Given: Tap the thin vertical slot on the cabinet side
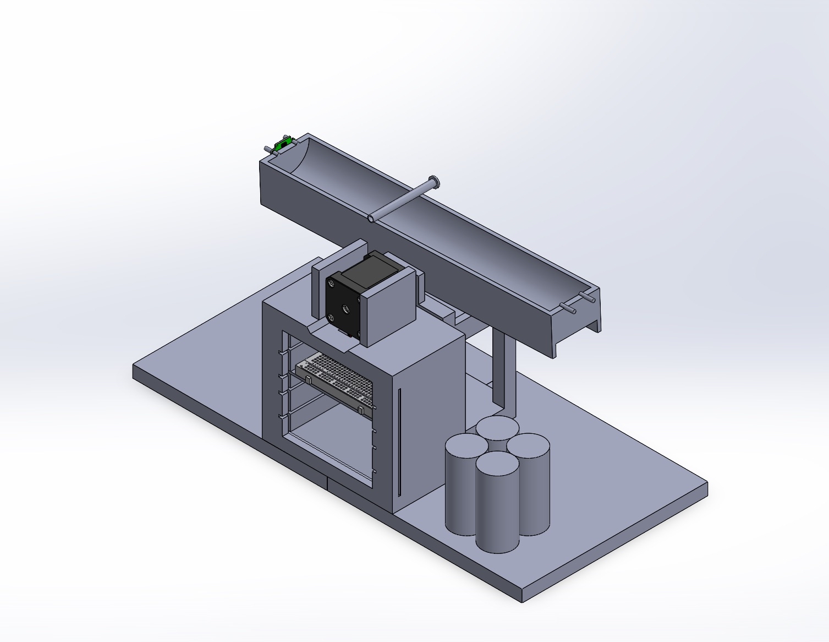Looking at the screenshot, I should pyautogui.click(x=400, y=440).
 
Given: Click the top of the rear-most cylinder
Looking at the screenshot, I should pyautogui.click(x=497, y=426).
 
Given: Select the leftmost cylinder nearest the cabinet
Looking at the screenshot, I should pyautogui.click(x=461, y=485).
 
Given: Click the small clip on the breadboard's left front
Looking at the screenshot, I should pyautogui.click(x=309, y=380).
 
